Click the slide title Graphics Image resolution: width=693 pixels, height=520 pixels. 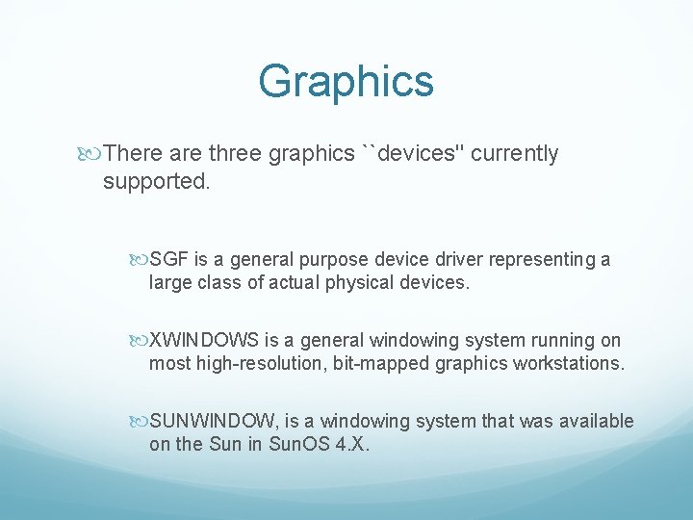pos(346,82)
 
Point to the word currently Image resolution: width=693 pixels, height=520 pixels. pos(515,154)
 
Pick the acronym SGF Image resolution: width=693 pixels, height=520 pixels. pos(169,260)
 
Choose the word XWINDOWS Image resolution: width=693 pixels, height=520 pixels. pos(204,340)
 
